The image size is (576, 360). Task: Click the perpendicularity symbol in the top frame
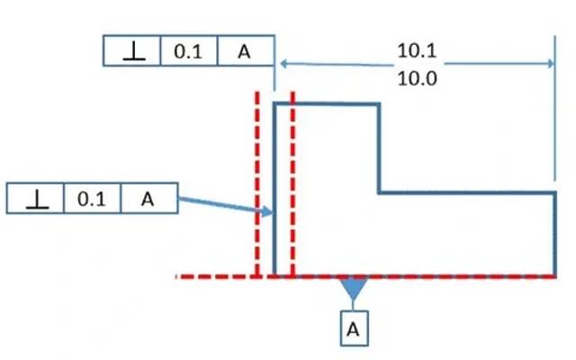(132, 51)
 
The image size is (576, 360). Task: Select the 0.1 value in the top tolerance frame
(188, 51)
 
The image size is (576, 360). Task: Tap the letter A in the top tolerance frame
(245, 51)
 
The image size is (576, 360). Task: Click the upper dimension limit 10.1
(417, 51)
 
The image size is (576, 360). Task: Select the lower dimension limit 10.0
(417, 77)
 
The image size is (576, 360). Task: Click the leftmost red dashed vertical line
(257, 180)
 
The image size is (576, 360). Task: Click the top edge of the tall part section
(326, 103)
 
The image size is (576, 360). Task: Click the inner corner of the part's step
(379, 193)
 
